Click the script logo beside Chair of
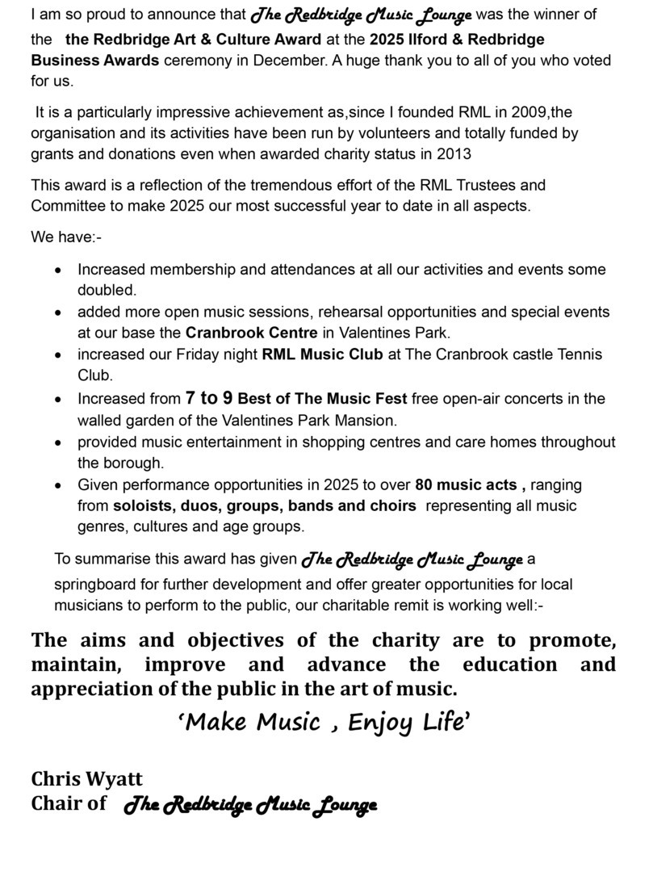251,805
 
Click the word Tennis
579,354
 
